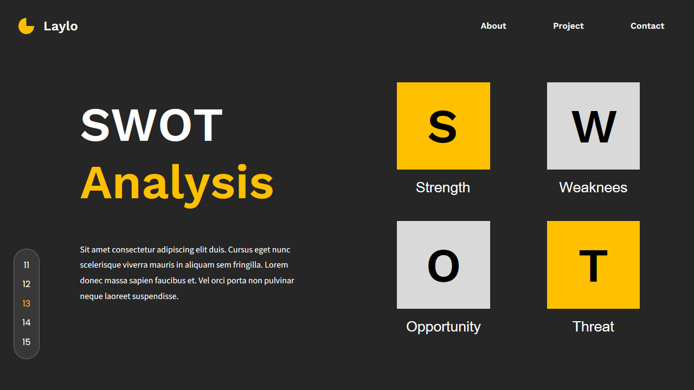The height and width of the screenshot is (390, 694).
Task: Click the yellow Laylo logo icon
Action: (x=25, y=27)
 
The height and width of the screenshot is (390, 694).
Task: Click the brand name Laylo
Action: (x=61, y=27)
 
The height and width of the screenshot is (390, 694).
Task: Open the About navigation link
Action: (x=493, y=26)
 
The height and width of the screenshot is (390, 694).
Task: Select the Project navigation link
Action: (x=568, y=27)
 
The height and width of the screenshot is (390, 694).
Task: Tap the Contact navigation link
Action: (x=647, y=26)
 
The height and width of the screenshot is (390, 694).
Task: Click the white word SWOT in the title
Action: (x=151, y=125)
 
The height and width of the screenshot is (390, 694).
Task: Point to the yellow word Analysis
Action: (x=177, y=185)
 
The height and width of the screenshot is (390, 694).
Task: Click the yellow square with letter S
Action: (x=444, y=126)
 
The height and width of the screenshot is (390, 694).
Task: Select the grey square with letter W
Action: (x=593, y=126)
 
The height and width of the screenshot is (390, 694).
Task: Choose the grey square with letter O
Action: (x=444, y=265)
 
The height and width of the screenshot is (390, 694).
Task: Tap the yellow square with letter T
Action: (x=593, y=265)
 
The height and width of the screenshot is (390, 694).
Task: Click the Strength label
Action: (x=443, y=188)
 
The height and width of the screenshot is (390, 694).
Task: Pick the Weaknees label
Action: (x=593, y=187)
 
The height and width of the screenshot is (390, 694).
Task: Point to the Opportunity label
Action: (x=444, y=327)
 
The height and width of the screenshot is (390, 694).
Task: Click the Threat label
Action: (x=593, y=327)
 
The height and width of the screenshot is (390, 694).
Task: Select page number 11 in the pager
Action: (x=27, y=265)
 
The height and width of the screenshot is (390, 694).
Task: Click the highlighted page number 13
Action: (x=27, y=304)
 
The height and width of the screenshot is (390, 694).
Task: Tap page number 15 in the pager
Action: (x=27, y=342)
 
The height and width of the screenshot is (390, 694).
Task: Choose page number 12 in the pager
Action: (x=27, y=284)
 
